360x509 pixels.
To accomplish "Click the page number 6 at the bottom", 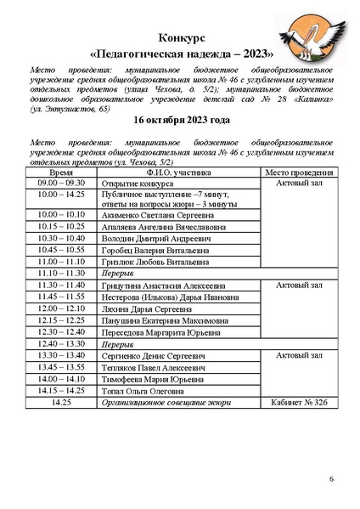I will coord(331,479).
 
